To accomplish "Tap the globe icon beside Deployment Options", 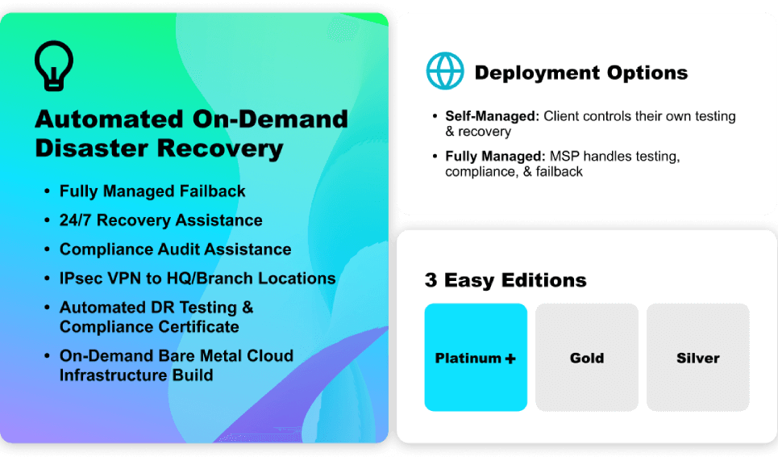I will (445, 71).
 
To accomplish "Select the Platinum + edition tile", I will (476, 358).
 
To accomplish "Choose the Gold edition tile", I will (587, 358).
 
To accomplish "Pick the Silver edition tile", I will (698, 358).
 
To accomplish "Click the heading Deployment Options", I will (580, 73).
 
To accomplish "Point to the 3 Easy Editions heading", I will (505, 280).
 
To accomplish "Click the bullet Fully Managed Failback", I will (152, 191).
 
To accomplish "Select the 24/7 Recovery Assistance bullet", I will (160, 220).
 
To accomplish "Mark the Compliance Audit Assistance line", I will (175, 249).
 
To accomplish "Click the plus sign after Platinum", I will (510, 358).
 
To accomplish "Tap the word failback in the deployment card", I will (556, 171).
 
